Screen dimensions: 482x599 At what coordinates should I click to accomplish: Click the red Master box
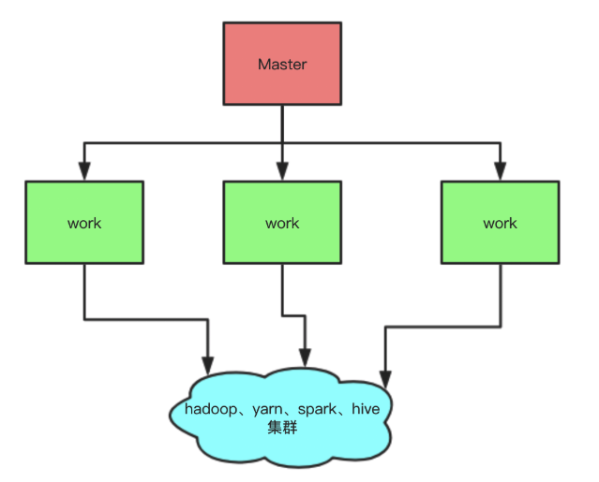coord(282,64)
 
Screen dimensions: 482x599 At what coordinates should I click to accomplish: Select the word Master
coord(282,65)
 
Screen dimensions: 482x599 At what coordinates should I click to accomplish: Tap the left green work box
coord(84,223)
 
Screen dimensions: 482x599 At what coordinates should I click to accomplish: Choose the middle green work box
coord(282,223)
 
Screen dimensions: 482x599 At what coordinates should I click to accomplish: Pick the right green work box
coord(500,223)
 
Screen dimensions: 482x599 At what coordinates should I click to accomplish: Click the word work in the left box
coord(84,224)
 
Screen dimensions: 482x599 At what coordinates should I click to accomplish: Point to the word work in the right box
coord(500,224)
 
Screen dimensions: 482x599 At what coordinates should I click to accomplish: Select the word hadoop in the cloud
coord(212,409)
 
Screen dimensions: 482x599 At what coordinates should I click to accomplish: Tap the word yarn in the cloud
coord(270,409)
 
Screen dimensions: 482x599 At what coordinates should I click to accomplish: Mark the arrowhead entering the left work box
coord(84,172)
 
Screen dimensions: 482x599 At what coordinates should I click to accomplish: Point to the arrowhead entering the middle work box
coord(282,172)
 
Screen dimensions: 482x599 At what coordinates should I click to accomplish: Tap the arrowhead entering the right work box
coord(500,172)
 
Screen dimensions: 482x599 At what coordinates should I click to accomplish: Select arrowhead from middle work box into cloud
coord(304,358)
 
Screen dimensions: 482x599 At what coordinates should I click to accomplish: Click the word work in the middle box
coord(282,224)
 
